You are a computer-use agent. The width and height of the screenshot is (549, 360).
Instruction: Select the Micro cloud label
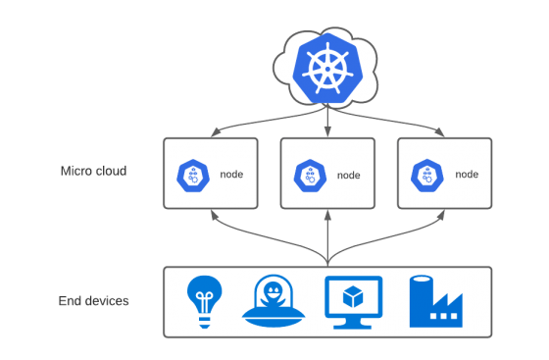[x=93, y=172]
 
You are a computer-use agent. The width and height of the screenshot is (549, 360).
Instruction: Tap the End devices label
[x=93, y=300]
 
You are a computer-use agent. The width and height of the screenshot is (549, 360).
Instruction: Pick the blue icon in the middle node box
[x=307, y=176]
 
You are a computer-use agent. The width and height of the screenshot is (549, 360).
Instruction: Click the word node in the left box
[x=231, y=174]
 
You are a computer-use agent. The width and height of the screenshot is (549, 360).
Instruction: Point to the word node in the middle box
[x=349, y=176]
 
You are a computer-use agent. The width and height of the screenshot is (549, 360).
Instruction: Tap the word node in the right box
[x=467, y=174]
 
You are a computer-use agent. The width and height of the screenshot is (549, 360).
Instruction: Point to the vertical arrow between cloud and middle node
[x=327, y=125]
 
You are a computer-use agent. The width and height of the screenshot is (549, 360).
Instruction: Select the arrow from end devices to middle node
[x=327, y=235]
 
